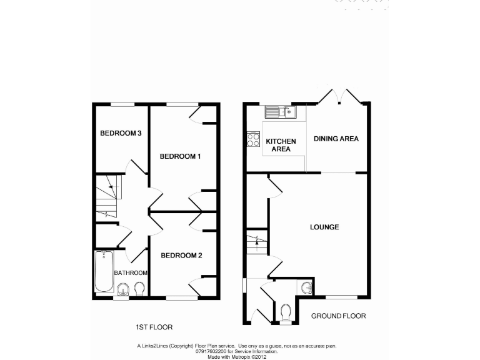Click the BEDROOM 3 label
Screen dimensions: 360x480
tap(121, 133)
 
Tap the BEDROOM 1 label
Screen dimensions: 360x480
tap(180, 156)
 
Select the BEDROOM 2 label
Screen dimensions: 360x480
tap(181, 255)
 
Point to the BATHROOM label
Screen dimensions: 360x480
tap(131, 273)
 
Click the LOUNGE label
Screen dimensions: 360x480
tap(324, 227)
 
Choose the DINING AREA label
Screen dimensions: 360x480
tap(336, 139)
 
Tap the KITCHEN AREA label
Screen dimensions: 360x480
tap(281, 146)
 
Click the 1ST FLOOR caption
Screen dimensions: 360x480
tap(154, 327)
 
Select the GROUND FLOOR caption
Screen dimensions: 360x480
tap(338, 316)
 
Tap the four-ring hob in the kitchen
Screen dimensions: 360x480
tap(254, 139)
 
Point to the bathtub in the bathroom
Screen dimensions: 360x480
tap(103, 272)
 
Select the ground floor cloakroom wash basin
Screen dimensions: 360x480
tap(307, 287)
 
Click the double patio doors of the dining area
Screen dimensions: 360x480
tap(341, 96)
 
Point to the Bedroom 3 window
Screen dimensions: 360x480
tap(123, 104)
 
